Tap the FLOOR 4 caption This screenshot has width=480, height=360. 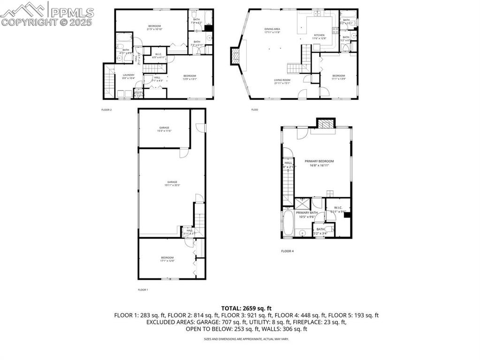[287, 251]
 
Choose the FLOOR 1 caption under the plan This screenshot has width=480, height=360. [143, 290]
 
